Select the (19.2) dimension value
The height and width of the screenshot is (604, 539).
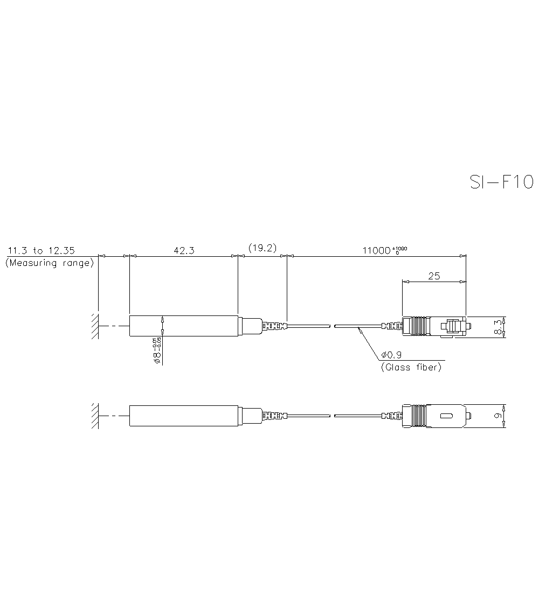(262, 248)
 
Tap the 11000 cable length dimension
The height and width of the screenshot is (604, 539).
(384, 250)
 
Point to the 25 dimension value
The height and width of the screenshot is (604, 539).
(434, 276)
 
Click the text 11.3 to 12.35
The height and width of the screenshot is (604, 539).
(41, 250)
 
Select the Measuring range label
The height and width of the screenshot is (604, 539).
(49, 263)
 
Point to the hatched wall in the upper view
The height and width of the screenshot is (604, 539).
(94, 326)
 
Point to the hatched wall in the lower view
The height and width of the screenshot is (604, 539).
(94, 416)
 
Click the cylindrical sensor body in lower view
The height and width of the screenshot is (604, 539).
(183, 416)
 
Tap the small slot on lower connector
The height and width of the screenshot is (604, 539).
(446, 416)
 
